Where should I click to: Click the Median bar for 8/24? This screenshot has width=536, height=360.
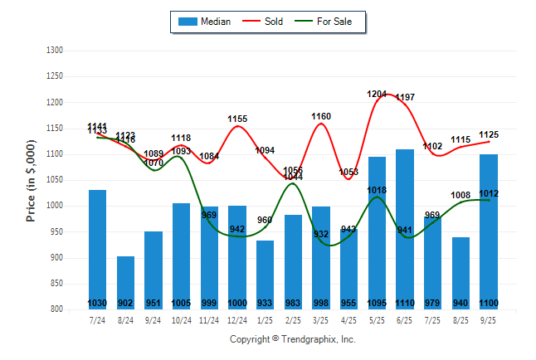point(125,282)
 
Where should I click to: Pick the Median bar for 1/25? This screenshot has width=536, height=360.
point(266,274)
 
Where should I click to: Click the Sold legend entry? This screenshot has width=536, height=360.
point(265,22)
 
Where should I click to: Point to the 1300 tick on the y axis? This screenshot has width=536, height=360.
point(54,51)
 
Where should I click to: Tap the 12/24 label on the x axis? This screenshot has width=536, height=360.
point(237,319)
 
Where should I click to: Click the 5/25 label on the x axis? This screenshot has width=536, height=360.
point(377,319)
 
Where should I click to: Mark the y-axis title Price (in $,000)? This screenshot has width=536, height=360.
point(31,180)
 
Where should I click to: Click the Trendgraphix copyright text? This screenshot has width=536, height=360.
point(292,339)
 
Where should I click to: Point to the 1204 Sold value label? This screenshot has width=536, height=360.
point(378,95)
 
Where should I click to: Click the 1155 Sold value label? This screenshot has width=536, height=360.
point(237,119)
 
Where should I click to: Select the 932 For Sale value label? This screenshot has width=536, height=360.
point(321,234)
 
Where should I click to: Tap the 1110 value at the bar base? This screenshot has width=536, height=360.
point(405,304)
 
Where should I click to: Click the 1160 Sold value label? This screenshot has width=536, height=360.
point(321,117)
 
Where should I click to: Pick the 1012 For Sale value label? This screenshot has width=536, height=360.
point(489,193)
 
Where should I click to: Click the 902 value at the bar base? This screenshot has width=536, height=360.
point(125,304)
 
